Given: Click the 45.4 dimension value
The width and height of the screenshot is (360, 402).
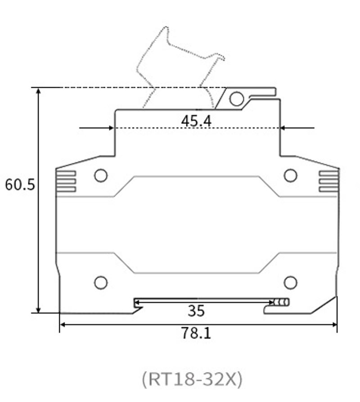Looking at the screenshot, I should [196, 121].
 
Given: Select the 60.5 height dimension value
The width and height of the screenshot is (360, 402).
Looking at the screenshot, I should [20, 185].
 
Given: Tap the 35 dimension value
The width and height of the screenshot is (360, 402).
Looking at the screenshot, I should [196, 311].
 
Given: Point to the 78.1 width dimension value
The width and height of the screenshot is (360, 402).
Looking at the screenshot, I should [196, 333].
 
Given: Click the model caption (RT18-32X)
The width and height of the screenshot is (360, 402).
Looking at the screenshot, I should [192, 379].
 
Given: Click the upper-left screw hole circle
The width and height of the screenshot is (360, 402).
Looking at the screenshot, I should [101, 175].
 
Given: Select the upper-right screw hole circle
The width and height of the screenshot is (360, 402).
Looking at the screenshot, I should [291, 175].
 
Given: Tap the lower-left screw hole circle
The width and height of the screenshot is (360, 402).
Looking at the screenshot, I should [101, 282].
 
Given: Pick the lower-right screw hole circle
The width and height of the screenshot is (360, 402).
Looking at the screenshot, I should [291, 282].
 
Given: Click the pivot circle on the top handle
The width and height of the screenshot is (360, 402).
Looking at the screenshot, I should [236, 99].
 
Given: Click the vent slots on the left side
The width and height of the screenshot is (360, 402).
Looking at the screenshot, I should [66, 181].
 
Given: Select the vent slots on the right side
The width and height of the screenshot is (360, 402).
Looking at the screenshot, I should [328, 181].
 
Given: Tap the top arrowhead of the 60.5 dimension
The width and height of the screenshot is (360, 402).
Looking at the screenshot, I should [39, 90].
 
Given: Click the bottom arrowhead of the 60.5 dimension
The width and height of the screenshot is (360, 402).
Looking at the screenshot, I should [39, 309].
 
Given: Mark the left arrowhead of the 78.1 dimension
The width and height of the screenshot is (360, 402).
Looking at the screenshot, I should [63, 324].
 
